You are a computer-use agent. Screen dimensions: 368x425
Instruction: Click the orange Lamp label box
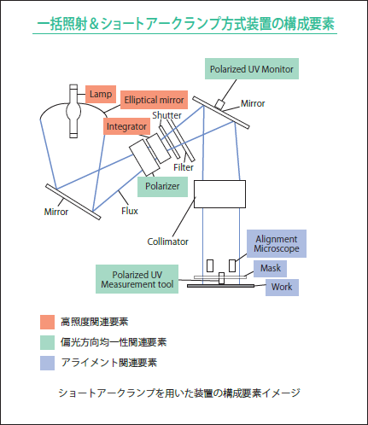[x=101, y=94]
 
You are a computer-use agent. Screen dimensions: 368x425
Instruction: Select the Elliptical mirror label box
[x=154, y=100]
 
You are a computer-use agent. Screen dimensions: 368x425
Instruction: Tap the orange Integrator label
[x=126, y=126]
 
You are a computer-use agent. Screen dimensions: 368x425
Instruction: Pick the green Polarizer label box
[x=162, y=187]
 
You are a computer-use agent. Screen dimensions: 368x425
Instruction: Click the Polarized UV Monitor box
[x=252, y=69]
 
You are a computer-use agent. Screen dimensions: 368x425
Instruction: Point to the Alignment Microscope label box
[x=277, y=243]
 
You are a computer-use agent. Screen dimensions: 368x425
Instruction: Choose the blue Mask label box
[x=270, y=269]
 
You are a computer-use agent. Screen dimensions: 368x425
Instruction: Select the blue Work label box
[x=282, y=288]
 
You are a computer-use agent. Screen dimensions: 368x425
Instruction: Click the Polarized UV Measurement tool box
[x=137, y=279]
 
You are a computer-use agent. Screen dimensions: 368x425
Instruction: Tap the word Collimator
[x=167, y=242]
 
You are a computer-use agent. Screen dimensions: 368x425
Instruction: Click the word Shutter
[x=166, y=115]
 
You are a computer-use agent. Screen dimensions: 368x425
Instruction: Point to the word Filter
[x=184, y=167]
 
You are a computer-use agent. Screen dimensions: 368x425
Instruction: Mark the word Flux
[x=130, y=211]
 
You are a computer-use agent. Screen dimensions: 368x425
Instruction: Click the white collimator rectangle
[x=219, y=194]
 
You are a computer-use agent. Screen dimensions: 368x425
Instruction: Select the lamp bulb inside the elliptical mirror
[x=73, y=111]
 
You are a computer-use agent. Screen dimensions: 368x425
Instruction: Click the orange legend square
[x=47, y=322]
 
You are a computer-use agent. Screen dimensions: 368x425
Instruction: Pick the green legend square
[x=47, y=342]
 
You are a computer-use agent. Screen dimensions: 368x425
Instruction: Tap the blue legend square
[x=47, y=363]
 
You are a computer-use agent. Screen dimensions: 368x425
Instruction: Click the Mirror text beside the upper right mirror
[x=253, y=103]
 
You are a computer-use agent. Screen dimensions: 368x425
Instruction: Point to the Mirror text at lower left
[x=56, y=212]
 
